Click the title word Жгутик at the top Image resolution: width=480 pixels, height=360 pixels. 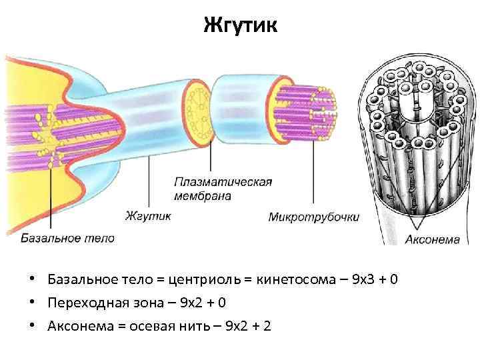click(239, 27)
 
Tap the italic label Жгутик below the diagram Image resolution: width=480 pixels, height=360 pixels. click(147, 215)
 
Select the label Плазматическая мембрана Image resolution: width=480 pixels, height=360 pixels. click(223, 189)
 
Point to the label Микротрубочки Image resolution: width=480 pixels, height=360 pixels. click(313, 217)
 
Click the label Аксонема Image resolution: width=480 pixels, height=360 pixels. click(432, 239)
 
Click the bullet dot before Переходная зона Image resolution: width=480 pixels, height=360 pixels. click(32, 303)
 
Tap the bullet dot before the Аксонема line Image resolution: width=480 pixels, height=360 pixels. click(32, 326)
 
